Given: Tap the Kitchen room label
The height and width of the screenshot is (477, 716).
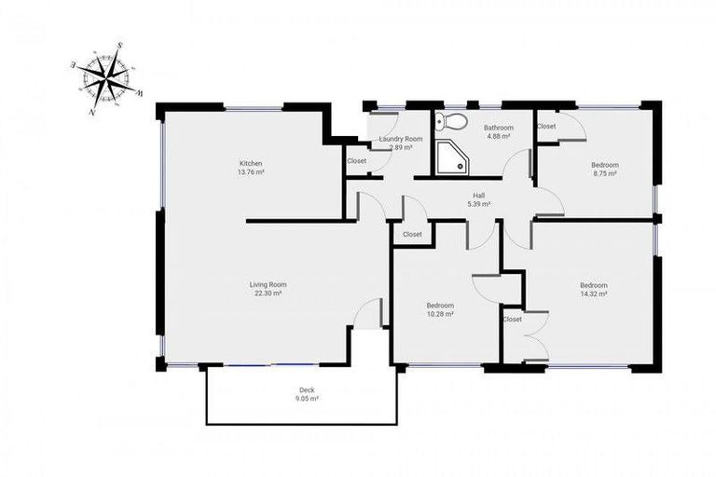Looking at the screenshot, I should point(251,163).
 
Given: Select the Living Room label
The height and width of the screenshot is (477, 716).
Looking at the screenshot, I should point(268,284).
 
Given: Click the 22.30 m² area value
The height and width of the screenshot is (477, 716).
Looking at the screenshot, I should point(268,293).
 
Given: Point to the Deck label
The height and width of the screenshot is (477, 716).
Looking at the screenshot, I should point(307,389).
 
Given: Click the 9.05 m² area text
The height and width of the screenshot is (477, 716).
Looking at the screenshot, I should point(308,398).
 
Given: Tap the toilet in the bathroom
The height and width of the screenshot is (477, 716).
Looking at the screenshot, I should point(452,121).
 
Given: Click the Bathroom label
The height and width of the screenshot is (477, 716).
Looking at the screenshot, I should point(499,127).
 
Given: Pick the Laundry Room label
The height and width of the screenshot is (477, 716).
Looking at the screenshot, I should point(401,139).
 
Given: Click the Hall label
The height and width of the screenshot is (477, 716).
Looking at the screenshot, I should point(478,195).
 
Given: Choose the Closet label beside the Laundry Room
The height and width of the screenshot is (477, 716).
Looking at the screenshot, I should point(356,161).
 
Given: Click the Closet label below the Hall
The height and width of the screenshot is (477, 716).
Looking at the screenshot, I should point(412,235).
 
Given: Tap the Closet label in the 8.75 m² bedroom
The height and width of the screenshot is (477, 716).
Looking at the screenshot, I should point(546,126).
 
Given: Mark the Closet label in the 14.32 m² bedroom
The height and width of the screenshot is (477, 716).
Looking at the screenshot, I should point(513,320).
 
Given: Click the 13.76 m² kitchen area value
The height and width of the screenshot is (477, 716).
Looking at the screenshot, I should point(251,172).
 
